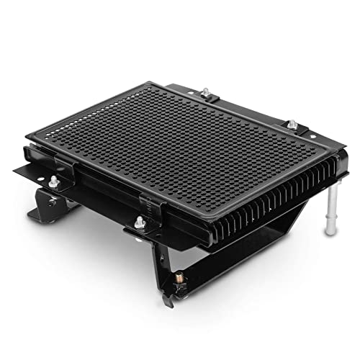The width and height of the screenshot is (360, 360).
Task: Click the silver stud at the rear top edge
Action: coord(205,91)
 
